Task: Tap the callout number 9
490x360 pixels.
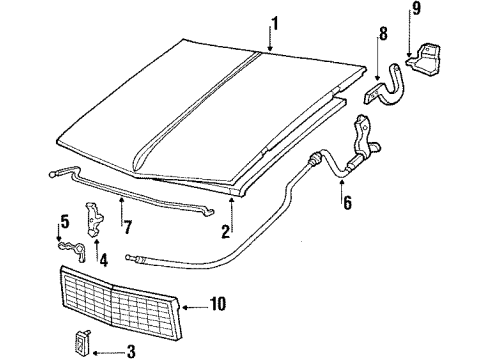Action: tap(415, 13)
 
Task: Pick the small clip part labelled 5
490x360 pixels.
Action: tap(66, 246)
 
